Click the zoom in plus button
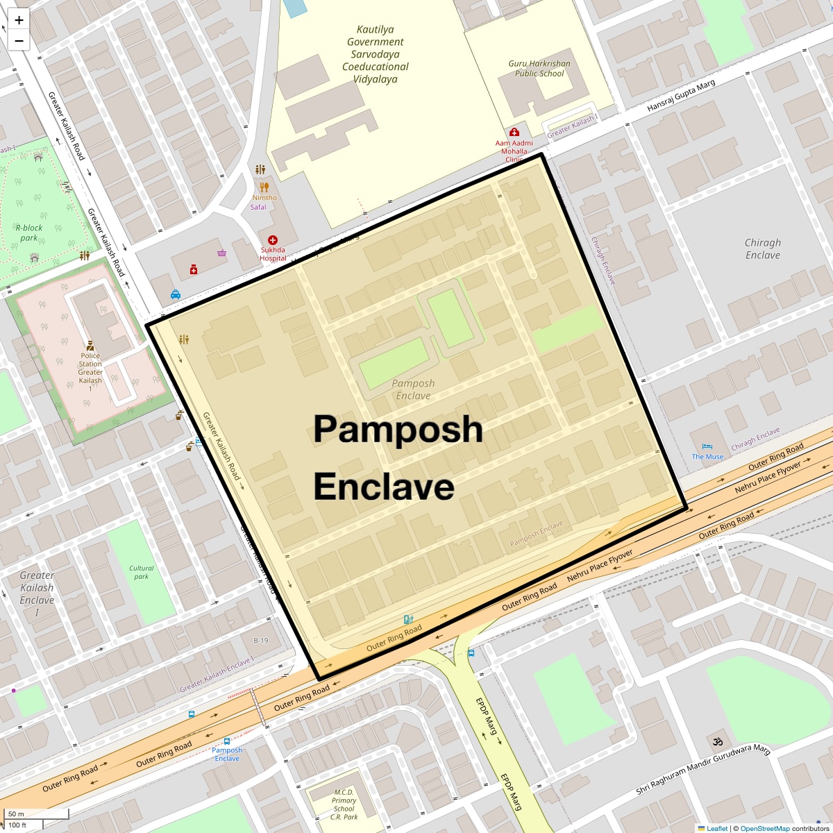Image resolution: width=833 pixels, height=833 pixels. [x=19, y=20]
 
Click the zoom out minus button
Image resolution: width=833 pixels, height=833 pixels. [x=19, y=41]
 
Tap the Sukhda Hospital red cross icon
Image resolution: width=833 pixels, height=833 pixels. [x=273, y=240]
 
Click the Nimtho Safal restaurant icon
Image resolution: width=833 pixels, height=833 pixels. [x=264, y=187]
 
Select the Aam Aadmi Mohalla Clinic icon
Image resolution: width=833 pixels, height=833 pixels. [x=514, y=132]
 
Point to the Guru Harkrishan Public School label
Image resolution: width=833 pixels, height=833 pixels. [x=539, y=68]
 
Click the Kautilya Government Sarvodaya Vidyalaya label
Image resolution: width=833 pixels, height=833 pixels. [x=376, y=54]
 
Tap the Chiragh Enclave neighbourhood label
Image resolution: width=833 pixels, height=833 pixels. [x=763, y=249]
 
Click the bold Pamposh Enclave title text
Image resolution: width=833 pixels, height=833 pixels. [x=398, y=457]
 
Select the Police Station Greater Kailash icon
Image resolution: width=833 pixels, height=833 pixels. [x=90, y=345]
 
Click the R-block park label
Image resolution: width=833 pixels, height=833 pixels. [x=29, y=233]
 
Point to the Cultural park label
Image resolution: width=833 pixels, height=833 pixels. [x=142, y=572]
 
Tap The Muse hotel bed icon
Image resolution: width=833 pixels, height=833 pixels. [x=707, y=446]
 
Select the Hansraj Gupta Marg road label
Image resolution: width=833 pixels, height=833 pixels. [x=681, y=96]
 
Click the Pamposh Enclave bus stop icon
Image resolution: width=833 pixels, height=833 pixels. [x=227, y=741]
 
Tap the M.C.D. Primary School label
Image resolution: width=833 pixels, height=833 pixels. [x=344, y=804]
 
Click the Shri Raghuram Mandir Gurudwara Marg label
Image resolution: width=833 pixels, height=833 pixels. [x=703, y=770]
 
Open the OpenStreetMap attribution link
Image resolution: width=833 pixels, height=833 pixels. [x=764, y=828]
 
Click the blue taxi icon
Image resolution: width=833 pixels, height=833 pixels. [x=176, y=294]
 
